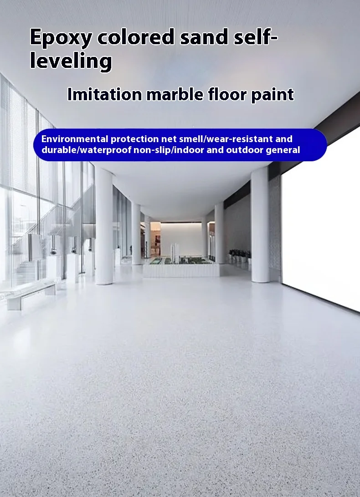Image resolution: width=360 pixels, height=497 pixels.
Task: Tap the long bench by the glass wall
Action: coord(31,294)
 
